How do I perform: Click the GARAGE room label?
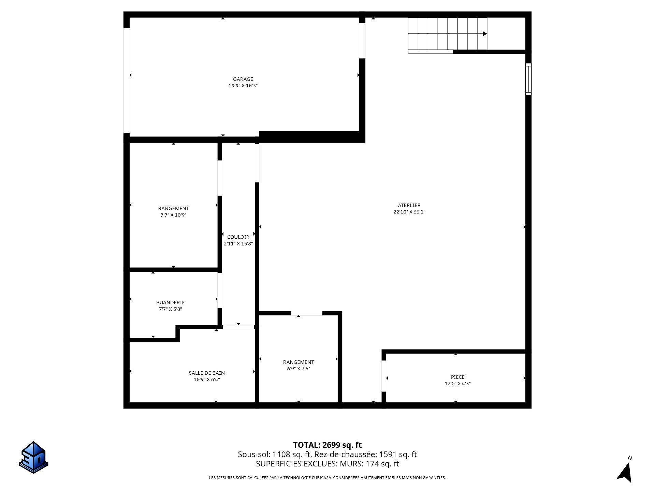click(x=243, y=79)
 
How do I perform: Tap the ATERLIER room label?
click(x=409, y=205)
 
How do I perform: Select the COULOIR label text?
click(x=238, y=237)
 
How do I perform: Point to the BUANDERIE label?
click(x=170, y=302)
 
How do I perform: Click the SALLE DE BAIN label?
click(x=207, y=373)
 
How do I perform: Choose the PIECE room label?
click(x=457, y=377)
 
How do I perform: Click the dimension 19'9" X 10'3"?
click(x=243, y=86)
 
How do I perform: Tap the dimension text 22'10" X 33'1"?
click(x=409, y=212)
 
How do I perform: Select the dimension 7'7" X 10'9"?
click(x=173, y=215)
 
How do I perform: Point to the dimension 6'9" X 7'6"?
click(x=299, y=369)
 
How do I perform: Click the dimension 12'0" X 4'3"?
click(x=457, y=384)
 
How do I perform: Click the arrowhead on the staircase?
click(x=485, y=34)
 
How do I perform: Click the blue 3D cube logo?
click(x=33, y=457)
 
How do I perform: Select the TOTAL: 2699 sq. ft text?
click(x=327, y=445)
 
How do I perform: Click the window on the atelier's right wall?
click(x=528, y=79)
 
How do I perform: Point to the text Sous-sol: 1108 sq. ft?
click(x=274, y=455)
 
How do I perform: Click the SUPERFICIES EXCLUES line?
click(x=327, y=464)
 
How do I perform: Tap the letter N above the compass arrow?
click(x=630, y=458)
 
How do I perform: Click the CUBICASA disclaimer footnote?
click(x=327, y=478)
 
